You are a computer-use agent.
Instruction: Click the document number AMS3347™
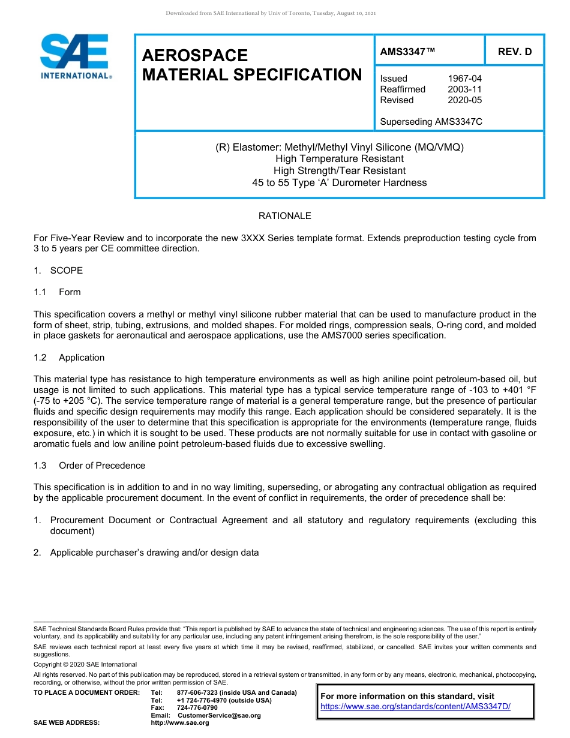click(407, 52)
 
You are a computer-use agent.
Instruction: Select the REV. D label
click(515, 52)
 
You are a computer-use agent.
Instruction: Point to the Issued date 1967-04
click(464, 79)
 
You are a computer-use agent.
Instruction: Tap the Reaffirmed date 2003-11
click(464, 89)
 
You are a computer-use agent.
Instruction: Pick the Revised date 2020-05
click(464, 100)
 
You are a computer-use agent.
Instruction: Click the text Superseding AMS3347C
click(431, 122)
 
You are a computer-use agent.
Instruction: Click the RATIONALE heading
click(284, 216)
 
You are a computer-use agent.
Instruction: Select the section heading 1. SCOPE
click(58, 271)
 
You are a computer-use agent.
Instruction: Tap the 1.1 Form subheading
click(58, 292)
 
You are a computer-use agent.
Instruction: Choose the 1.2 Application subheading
click(69, 358)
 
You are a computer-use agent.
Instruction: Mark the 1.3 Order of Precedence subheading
click(89, 466)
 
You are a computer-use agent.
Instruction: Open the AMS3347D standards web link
click(415, 707)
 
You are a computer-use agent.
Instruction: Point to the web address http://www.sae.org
click(180, 723)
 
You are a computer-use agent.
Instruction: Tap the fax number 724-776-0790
click(197, 708)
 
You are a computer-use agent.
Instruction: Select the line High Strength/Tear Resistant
click(340, 171)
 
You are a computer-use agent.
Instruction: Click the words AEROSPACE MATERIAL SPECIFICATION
click(252, 65)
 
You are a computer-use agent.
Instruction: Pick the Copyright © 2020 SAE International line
click(85, 664)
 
